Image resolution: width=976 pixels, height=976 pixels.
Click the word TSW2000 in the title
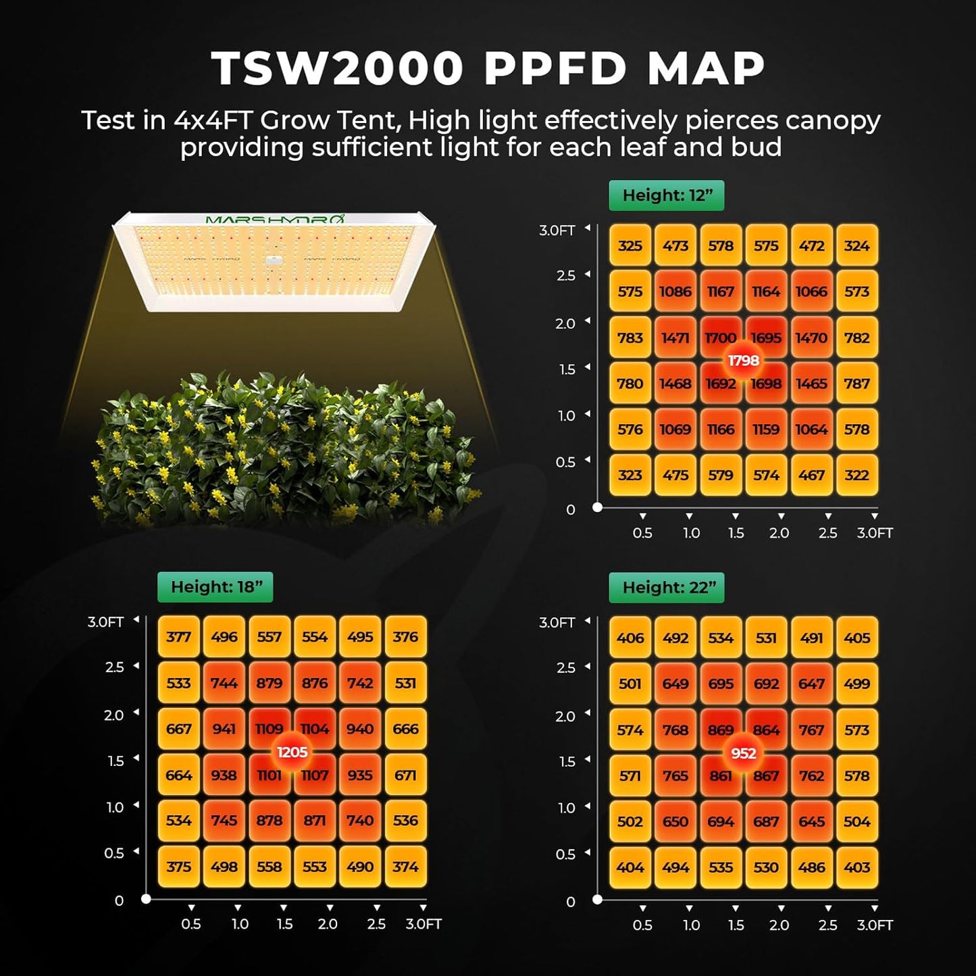pyautogui.click(x=336, y=68)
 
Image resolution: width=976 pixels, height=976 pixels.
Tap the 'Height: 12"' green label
pyautogui.click(x=667, y=195)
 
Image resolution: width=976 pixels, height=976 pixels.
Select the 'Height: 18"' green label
pyautogui.click(x=215, y=586)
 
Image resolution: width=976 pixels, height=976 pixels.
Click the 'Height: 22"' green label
pyautogui.click(x=667, y=587)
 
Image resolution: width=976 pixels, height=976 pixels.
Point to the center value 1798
pyautogui.click(x=743, y=361)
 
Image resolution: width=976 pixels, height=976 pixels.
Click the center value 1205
pyautogui.click(x=292, y=752)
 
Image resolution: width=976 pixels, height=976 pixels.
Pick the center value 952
pyautogui.click(x=743, y=753)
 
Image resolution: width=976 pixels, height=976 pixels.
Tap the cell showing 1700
pyautogui.click(x=720, y=337)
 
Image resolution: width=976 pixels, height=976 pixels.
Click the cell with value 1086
pyautogui.click(x=675, y=292)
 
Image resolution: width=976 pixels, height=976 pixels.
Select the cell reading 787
pyautogui.click(x=856, y=384)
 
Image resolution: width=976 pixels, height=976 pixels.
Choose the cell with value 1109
pyautogui.click(x=269, y=729)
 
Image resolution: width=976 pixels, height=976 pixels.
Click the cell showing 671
pyautogui.click(x=405, y=775)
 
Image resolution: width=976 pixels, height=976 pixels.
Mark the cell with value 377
pyautogui.click(x=178, y=637)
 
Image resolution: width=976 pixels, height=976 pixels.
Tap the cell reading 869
pyautogui.click(x=720, y=730)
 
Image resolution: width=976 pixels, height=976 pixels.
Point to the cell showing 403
pyautogui.click(x=856, y=867)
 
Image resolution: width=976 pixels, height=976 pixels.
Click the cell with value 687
pyautogui.click(x=766, y=822)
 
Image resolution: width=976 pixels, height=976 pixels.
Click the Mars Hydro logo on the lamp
pyautogui.click(x=274, y=220)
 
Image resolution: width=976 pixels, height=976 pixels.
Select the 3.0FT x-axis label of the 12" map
pyautogui.click(x=875, y=533)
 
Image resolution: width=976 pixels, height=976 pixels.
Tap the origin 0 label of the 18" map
pyautogui.click(x=120, y=900)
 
